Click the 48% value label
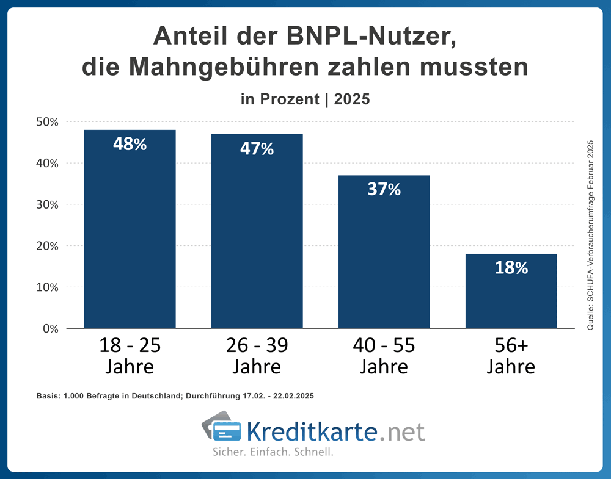click(130, 145)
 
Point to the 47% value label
click(257, 148)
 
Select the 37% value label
click(384, 190)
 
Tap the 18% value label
click(511, 268)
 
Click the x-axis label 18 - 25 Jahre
click(130, 356)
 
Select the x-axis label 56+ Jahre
click(511, 356)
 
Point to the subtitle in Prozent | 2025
click(305, 99)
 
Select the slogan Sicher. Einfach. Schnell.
click(273, 453)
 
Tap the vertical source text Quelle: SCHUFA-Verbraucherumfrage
click(590, 235)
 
